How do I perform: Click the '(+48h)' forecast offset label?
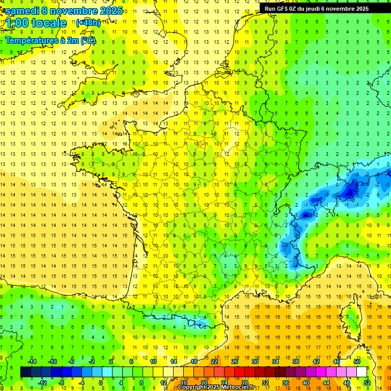pos(88,23)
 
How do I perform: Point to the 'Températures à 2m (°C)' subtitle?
pos(50,40)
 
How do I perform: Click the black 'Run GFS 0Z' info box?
pos(321,8)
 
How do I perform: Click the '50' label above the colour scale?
pos(356,361)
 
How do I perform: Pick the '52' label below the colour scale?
pos(367,382)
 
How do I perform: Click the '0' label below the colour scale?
pos(101,382)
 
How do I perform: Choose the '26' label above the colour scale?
pos(234,361)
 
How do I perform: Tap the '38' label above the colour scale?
pos(295,361)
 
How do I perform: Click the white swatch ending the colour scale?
pos(361,372)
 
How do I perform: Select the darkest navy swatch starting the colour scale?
pos(25,372)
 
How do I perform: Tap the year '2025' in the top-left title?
pos(111,10)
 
